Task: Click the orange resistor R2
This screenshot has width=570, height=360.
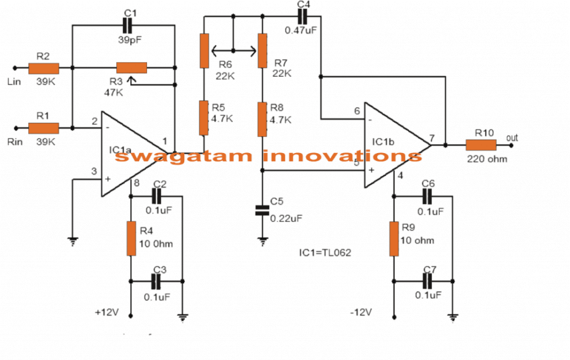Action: click(x=44, y=68)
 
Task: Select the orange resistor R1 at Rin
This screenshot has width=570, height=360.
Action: click(x=44, y=127)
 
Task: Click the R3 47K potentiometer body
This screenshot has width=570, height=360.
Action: click(x=131, y=68)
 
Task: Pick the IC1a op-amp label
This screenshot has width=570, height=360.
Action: click(x=122, y=148)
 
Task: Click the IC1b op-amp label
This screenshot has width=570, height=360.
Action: click(x=385, y=142)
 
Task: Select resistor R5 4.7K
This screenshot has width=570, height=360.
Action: click(x=205, y=118)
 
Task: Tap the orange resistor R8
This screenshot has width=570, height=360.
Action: click(x=262, y=118)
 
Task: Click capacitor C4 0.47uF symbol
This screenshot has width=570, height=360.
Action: click(x=303, y=18)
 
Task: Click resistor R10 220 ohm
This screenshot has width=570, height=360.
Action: click(x=481, y=145)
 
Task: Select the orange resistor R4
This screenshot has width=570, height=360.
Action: click(x=131, y=238)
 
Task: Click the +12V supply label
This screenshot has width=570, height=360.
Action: click(x=106, y=313)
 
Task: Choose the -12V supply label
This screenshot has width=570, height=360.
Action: click(x=361, y=313)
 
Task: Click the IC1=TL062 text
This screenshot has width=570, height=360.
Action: click(x=325, y=253)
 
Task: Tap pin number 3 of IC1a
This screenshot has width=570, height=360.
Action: click(x=94, y=171)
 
